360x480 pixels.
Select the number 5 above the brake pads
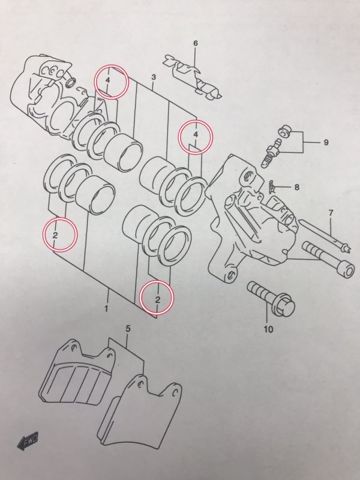128,328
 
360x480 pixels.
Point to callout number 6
195,43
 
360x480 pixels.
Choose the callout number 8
296,187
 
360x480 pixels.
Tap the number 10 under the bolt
268,329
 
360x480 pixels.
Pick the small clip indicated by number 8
273,185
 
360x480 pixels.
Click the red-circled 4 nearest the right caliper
196,136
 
